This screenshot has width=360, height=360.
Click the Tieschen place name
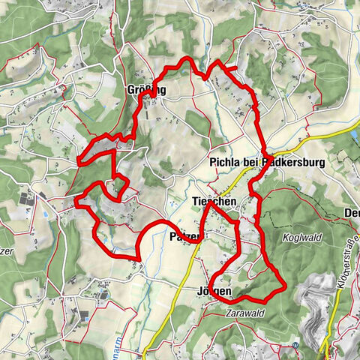214,202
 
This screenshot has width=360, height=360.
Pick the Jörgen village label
214,291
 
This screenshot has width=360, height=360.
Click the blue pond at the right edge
354,136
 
